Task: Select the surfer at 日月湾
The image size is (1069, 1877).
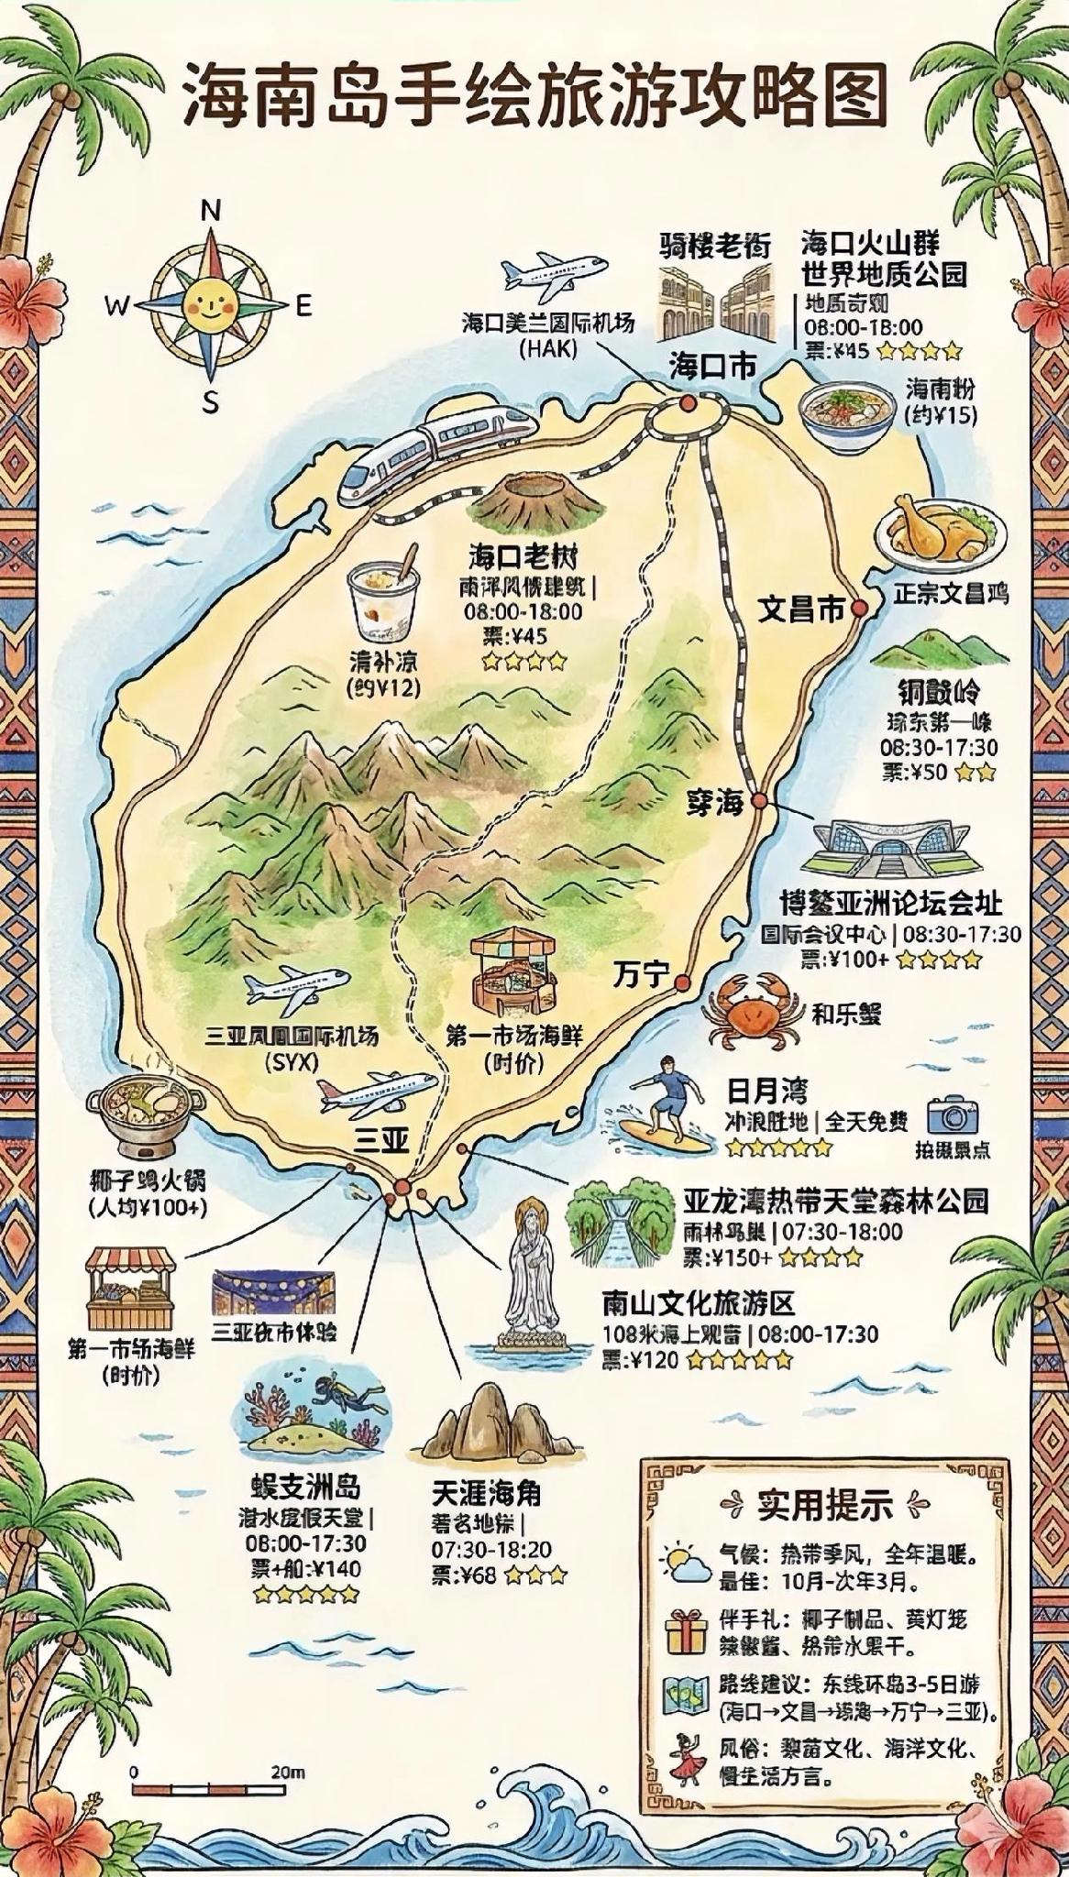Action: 665,1101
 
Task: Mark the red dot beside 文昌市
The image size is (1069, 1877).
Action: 859,608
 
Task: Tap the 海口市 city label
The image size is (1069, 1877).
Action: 712,367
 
